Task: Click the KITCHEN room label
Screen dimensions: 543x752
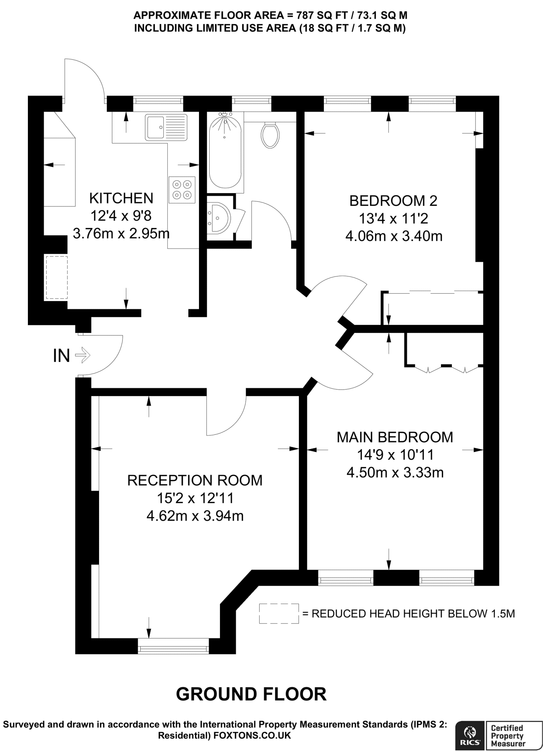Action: (121, 198)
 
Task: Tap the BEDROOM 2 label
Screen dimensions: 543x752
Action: (393, 201)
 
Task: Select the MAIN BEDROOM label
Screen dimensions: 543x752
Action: (395, 437)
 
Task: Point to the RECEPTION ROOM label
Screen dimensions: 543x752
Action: (195, 481)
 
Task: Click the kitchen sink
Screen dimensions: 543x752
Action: (166, 127)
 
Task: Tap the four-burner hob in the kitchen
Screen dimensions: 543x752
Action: (182, 190)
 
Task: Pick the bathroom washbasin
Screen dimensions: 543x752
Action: (219, 218)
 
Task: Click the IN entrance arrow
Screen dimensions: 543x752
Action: (83, 355)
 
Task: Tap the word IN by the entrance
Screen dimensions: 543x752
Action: (61, 355)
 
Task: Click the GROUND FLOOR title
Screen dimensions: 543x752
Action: (251, 694)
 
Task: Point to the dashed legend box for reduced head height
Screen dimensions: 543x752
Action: (279, 614)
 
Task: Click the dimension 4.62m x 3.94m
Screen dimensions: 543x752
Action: (195, 516)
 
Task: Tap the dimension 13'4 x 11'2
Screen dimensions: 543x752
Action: (393, 219)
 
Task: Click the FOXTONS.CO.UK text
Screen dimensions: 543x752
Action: (252, 735)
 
